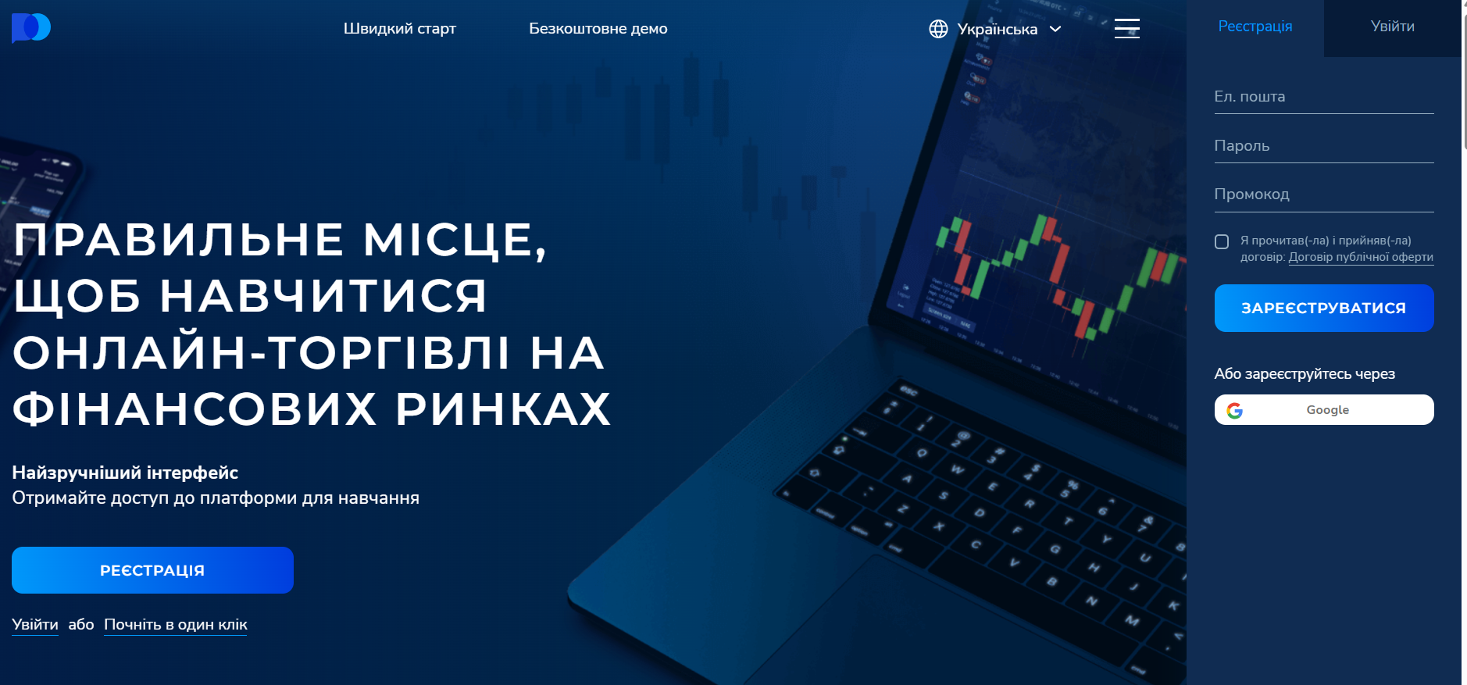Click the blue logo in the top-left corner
click(x=31, y=28)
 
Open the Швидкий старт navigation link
click(x=400, y=29)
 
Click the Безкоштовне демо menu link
click(x=598, y=29)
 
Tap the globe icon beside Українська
click(x=938, y=29)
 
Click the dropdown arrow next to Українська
click(x=1055, y=29)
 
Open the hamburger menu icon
click(x=1127, y=28)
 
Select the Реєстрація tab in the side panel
click(x=1255, y=27)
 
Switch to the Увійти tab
click(x=1393, y=27)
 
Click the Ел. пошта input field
click(x=1324, y=97)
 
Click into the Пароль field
click(x=1324, y=146)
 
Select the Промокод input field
click(x=1324, y=194)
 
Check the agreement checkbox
click(x=1222, y=242)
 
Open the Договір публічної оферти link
click(x=1361, y=257)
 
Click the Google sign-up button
click(x=1324, y=409)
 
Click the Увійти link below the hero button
click(x=35, y=625)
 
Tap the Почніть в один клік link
click(x=176, y=625)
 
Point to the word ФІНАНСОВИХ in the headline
click(x=195, y=409)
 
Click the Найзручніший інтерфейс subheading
click(x=125, y=473)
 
